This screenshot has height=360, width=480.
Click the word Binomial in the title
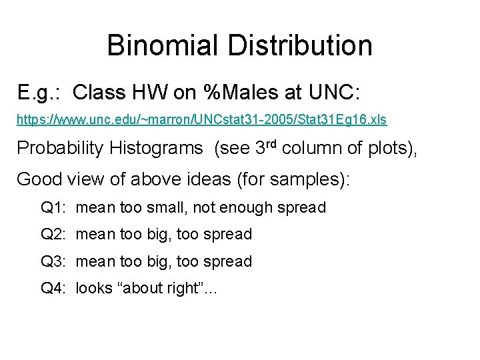point(161,45)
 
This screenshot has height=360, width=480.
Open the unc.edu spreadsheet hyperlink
point(201,120)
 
